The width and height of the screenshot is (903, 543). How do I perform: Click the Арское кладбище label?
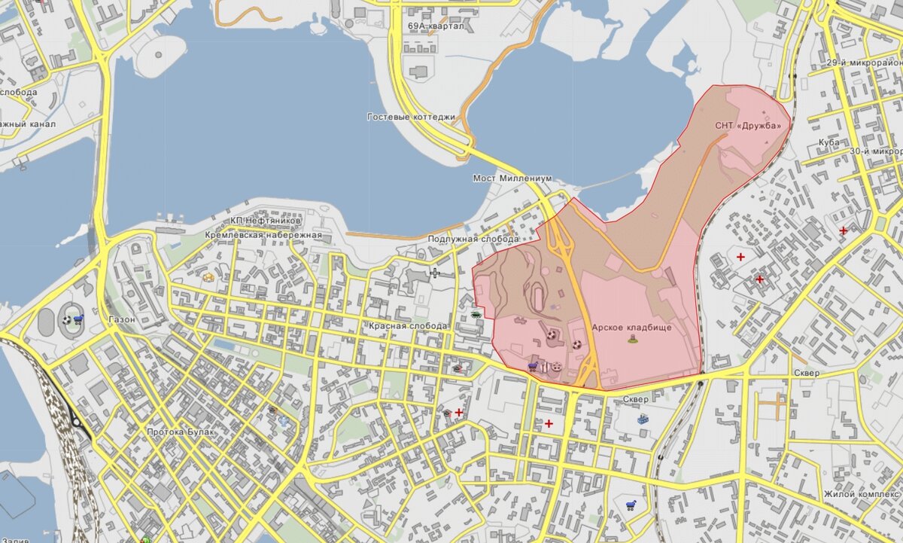pyautogui.click(x=631, y=328)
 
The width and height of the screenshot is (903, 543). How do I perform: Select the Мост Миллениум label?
pyautogui.click(x=512, y=178)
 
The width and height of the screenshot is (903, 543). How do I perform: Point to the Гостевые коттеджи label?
pyautogui.click(x=412, y=117)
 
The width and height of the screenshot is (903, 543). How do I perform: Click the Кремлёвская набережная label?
pyautogui.click(x=263, y=235)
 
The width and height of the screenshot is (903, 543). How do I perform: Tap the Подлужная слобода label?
pyautogui.click(x=473, y=239)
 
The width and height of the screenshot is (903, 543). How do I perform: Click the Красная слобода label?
pyautogui.click(x=408, y=326)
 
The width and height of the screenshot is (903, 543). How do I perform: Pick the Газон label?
pyautogui.click(x=122, y=319)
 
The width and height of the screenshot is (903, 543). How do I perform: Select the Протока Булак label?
pyautogui.click(x=181, y=432)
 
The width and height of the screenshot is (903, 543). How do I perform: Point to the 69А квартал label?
pyautogui.click(x=436, y=26)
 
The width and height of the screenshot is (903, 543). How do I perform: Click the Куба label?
pyautogui.click(x=829, y=142)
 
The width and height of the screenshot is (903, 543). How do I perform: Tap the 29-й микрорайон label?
pyautogui.click(x=863, y=63)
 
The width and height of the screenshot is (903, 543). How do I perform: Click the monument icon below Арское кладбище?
pyautogui.click(x=632, y=339)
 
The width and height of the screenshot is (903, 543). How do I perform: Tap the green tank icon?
pyautogui.click(x=476, y=315)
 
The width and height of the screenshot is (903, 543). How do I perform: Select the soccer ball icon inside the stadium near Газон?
pyautogui.click(x=67, y=319)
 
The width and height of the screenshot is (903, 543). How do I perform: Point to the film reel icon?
pyautogui.click(x=556, y=367)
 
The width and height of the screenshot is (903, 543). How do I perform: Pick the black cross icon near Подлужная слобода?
pyautogui.click(x=434, y=273)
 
